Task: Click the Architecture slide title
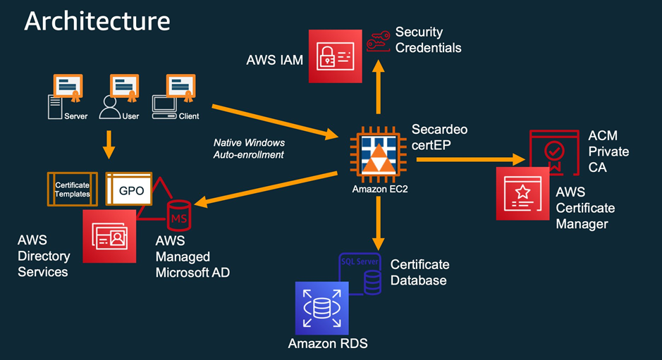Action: pyautogui.click(x=97, y=20)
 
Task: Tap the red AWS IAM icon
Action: pyautogui.click(x=335, y=56)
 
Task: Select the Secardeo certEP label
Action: pyautogui.click(x=440, y=137)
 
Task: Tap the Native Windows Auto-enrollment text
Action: pyautogui.click(x=248, y=149)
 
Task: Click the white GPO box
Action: pyautogui.click(x=130, y=190)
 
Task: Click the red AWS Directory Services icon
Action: pyautogui.click(x=109, y=236)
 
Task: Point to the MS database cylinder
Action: pyautogui.click(x=179, y=214)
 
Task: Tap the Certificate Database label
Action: pyautogui.click(x=419, y=273)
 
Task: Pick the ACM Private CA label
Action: pyautogui.click(x=608, y=151)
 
